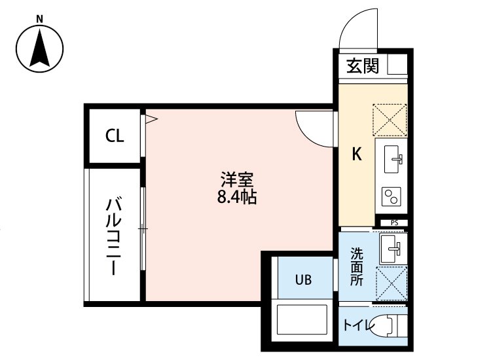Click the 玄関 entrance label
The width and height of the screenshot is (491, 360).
point(363,65)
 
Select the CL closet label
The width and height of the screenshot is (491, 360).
point(115,137)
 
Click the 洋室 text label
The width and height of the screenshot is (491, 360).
point(236,179)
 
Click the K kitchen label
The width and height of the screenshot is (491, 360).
point(357,154)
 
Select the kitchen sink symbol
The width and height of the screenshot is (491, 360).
point(391,158)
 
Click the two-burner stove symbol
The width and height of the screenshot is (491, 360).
point(391,196)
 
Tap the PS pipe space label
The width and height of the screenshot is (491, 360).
point(394,223)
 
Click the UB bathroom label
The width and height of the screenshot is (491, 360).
point(302,279)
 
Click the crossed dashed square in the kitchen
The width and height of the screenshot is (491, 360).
point(390,120)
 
